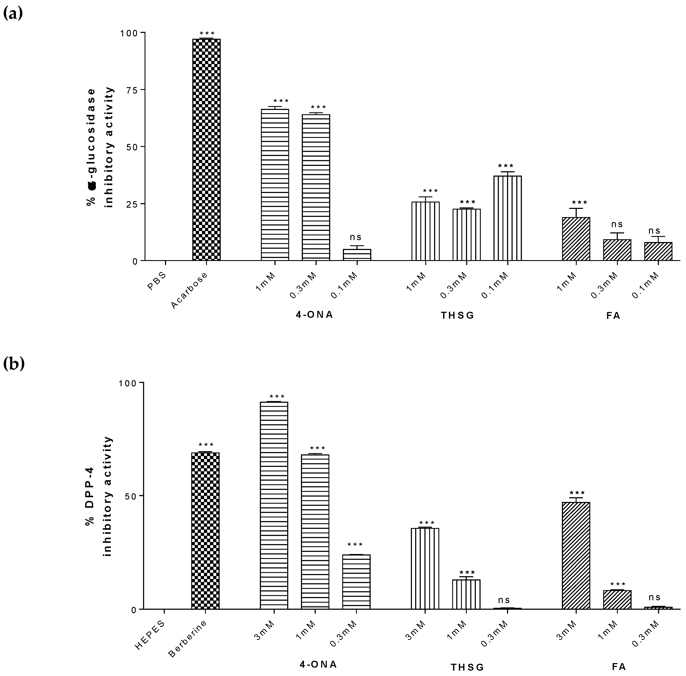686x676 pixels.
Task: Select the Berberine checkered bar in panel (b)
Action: click(x=205, y=531)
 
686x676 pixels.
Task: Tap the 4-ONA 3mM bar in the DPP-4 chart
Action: click(x=274, y=506)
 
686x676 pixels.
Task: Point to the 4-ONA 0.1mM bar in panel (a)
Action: click(x=357, y=255)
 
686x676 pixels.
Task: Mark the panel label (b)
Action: click(x=14, y=364)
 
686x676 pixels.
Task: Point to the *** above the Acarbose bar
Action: click(x=207, y=34)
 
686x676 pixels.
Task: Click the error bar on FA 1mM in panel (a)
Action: click(x=576, y=212)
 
